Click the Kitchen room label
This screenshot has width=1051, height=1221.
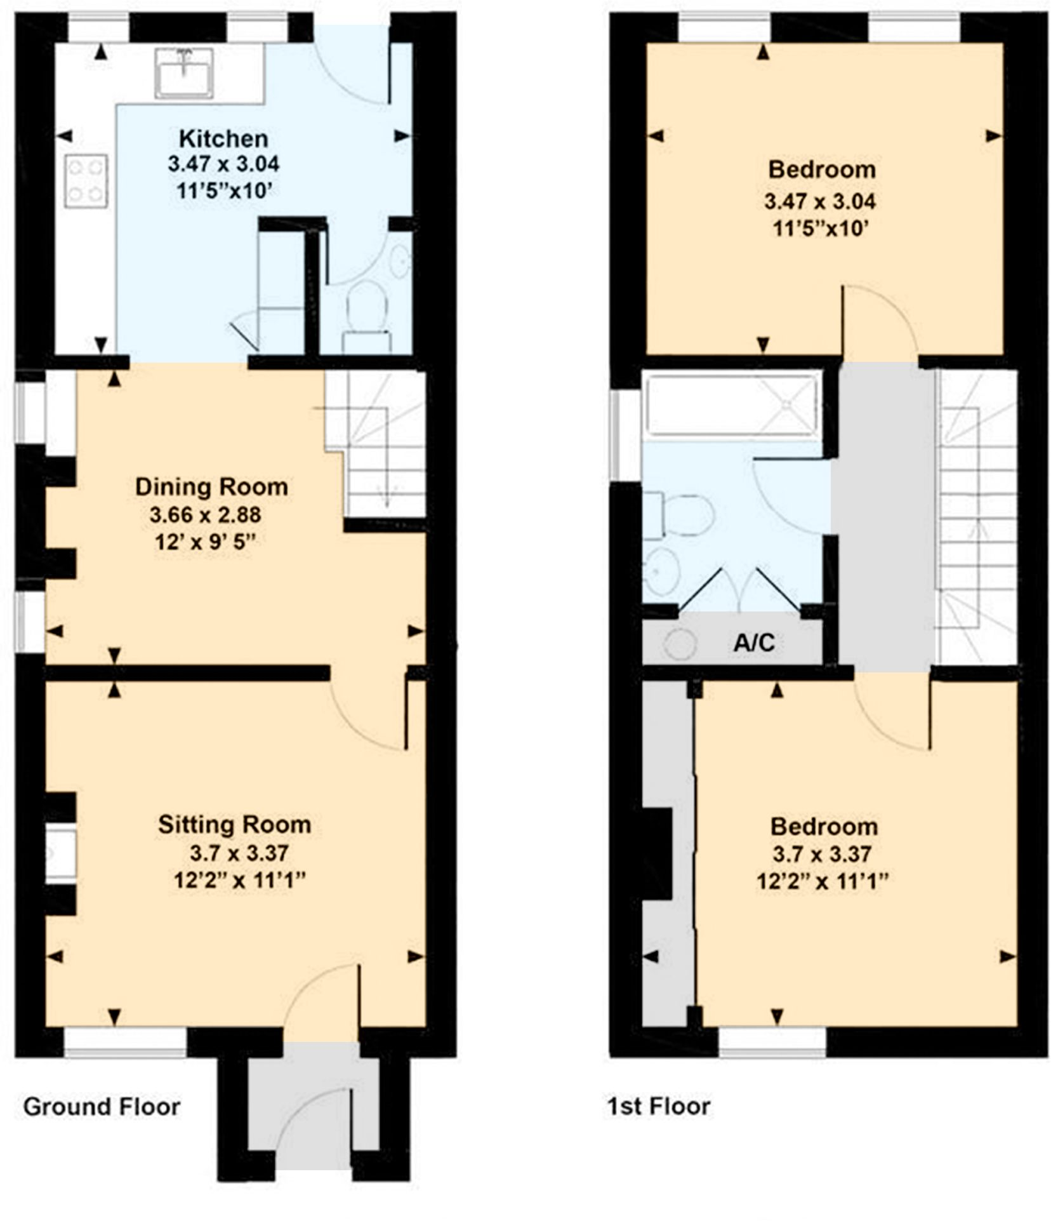(223, 138)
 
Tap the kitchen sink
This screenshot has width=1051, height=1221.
(184, 74)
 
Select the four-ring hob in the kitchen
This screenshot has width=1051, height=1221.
(86, 180)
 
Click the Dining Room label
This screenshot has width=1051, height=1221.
(211, 487)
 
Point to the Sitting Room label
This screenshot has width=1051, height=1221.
(234, 824)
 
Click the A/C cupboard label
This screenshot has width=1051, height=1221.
(753, 643)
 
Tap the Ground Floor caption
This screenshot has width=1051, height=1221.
(102, 1107)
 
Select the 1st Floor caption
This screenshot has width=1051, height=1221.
(658, 1107)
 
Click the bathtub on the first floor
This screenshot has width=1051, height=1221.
(730, 404)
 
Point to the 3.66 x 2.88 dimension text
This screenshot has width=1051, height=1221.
(205, 514)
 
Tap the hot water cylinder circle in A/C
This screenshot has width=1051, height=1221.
(680, 644)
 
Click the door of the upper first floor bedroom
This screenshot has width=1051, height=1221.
(879, 321)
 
